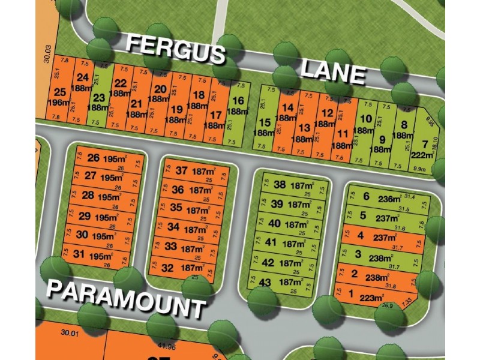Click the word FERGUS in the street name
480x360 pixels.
175,49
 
